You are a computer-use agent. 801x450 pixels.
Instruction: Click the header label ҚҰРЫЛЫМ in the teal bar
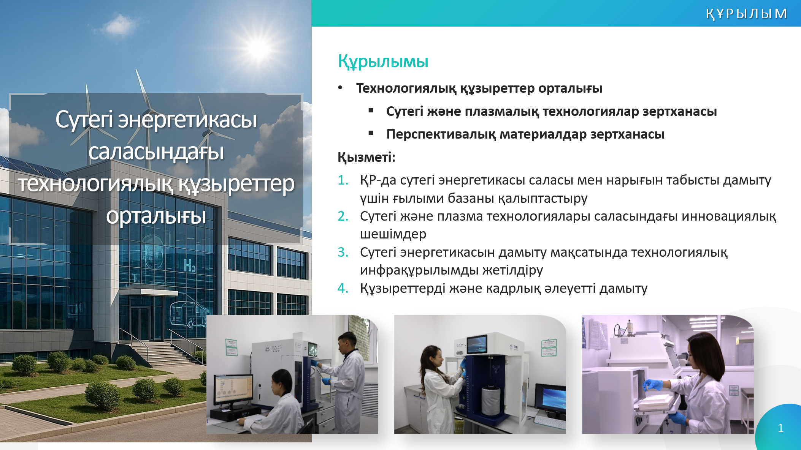pyautogui.click(x=746, y=14)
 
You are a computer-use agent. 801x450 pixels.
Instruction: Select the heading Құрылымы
pyautogui.click(x=383, y=62)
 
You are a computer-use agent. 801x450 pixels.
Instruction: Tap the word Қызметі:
pyautogui.click(x=366, y=157)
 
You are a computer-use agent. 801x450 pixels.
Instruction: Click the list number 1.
pyautogui.click(x=343, y=180)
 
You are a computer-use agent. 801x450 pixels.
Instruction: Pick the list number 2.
pyautogui.click(x=343, y=216)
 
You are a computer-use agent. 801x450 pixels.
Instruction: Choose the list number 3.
pyautogui.click(x=343, y=252)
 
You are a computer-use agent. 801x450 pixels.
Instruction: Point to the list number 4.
pyautogui.click(x=343, y=288)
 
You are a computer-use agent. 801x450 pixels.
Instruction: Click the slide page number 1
pyautogui.click(x=780, y=428)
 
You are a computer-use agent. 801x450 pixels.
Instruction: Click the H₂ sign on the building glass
pyautogui.click(x=189, y=265)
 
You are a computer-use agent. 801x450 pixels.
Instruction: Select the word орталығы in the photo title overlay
pyautogui.click(x=156, y=216)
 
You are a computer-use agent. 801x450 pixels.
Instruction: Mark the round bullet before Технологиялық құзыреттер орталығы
pyautogui.click(x=340, y=88)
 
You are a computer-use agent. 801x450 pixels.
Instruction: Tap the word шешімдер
pyautogui.click(x=393, y=234)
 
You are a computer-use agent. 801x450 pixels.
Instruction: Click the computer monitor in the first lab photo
pyautogui.click(x=233, y=389)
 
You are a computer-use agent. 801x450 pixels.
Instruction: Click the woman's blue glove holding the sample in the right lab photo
pyautogui.click(x=653, y=385)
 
